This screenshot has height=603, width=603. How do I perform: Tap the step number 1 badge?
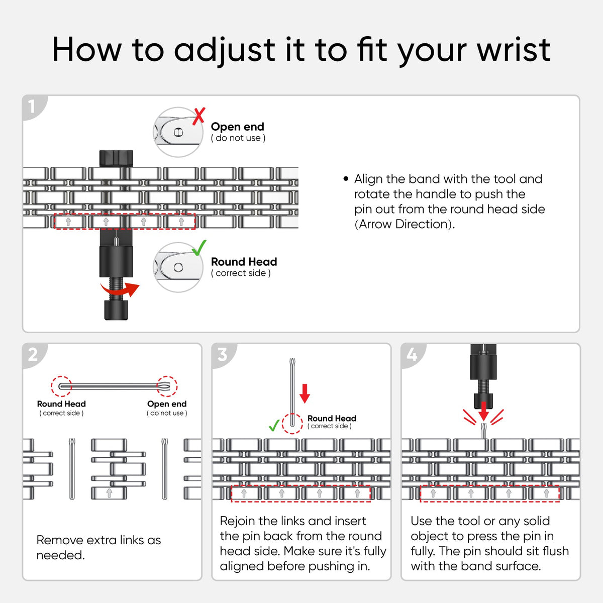(33, 107)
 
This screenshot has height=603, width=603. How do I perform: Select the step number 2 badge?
(33, 355)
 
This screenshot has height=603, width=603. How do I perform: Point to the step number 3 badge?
(222, 355)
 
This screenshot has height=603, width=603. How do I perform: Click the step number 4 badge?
(412, 355)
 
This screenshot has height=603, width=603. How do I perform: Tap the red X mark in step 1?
(198, 116)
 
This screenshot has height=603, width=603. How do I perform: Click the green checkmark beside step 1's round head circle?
(199, 248)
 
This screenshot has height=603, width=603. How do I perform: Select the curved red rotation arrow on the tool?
(120, 289)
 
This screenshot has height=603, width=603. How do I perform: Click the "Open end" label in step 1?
(238, 127)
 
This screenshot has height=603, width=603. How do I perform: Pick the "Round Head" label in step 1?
(244, 262)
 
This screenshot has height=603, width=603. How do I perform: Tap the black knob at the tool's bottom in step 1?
(116, 310)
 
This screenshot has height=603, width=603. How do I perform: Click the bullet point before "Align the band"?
(345, 179)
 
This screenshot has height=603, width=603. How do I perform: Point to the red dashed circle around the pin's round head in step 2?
(61, 386)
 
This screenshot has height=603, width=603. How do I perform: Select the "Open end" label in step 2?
(167, 404)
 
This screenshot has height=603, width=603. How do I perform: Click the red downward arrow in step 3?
(305, 393)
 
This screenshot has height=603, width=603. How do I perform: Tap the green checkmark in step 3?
(274, 425)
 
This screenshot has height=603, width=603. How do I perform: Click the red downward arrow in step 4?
(483, 411)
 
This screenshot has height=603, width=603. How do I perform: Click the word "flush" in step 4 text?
(551, 551)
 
